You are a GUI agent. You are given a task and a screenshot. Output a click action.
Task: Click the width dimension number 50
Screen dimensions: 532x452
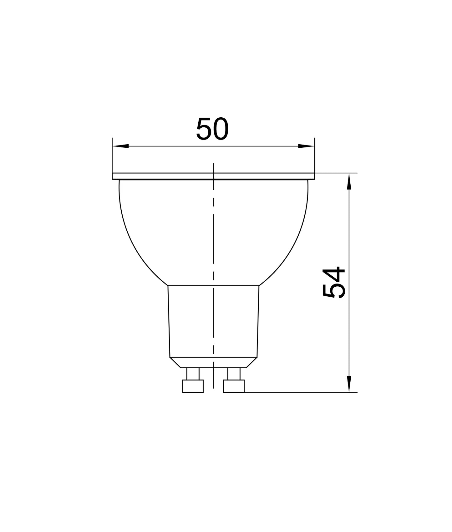pos(212,129)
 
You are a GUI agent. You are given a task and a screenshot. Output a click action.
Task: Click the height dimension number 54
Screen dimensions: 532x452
pos(333,282)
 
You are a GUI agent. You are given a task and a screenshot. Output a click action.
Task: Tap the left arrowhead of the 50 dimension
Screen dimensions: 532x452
pos(120,146)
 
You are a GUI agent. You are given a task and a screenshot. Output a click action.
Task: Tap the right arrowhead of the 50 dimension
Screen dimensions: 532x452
pos(306,146)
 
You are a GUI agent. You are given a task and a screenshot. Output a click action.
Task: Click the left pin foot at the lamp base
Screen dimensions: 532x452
pos(193,386)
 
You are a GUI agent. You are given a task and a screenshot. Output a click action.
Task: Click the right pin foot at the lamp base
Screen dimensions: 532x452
pos(234,386)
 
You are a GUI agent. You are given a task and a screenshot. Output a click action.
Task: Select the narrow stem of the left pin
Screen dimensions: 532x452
pos(193,374)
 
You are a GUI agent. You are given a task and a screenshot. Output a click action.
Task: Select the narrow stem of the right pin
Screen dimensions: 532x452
pos(234,374)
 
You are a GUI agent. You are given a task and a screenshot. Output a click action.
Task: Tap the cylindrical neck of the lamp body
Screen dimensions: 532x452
pos(213,321)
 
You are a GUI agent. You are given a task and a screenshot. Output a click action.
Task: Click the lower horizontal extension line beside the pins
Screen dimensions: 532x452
pos(297,392)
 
